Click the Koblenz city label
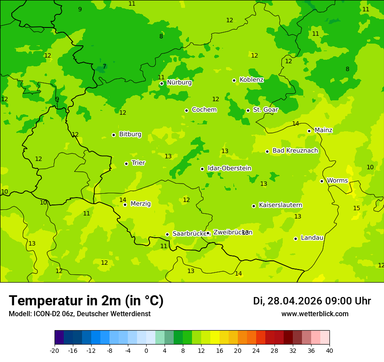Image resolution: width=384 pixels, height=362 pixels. [251, 80]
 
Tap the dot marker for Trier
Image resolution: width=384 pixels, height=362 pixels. [126, 164]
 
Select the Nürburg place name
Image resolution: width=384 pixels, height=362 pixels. [179, 82]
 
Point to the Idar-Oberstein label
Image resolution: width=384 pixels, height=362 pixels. [229, 168]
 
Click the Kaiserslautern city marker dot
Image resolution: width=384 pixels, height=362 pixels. [254, 206]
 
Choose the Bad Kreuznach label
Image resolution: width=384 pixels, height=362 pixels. [295, 151]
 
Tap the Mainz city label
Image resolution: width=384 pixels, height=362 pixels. [323, 130]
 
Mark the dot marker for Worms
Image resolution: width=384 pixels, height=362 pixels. [322, 181]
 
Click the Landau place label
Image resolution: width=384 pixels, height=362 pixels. [312, 238]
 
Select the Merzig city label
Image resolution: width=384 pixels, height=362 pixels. [141, 204]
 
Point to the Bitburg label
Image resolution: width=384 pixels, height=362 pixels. [130, 134]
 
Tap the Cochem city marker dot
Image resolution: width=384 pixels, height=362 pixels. [186, 110]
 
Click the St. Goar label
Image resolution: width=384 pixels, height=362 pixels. [265, 110]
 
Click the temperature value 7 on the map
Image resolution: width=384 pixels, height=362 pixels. [104, 67]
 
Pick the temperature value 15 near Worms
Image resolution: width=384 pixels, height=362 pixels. [357, 208]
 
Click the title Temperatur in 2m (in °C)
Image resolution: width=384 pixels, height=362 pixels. [86, 301]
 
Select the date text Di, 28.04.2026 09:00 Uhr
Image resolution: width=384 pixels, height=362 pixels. [312, 301]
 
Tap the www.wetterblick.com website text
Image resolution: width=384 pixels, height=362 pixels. [315, 314]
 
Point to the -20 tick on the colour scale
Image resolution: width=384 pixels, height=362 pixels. [55, 350]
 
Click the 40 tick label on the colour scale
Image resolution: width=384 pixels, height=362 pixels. [329, 350]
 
